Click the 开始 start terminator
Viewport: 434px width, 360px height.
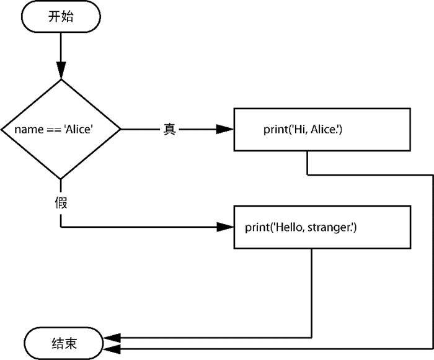[x=61, y=17]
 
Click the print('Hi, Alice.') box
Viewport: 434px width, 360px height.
[x=322, y=129]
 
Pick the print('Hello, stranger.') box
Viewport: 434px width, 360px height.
[x=322, y=227]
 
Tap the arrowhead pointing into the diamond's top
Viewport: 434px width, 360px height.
[x=61, y=71]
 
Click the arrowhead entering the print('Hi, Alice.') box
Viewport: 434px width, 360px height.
[x=226, y=129]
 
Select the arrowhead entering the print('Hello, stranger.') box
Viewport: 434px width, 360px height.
[x=226, y=227]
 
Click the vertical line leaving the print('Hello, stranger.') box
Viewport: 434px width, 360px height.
[x=310, y=292]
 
